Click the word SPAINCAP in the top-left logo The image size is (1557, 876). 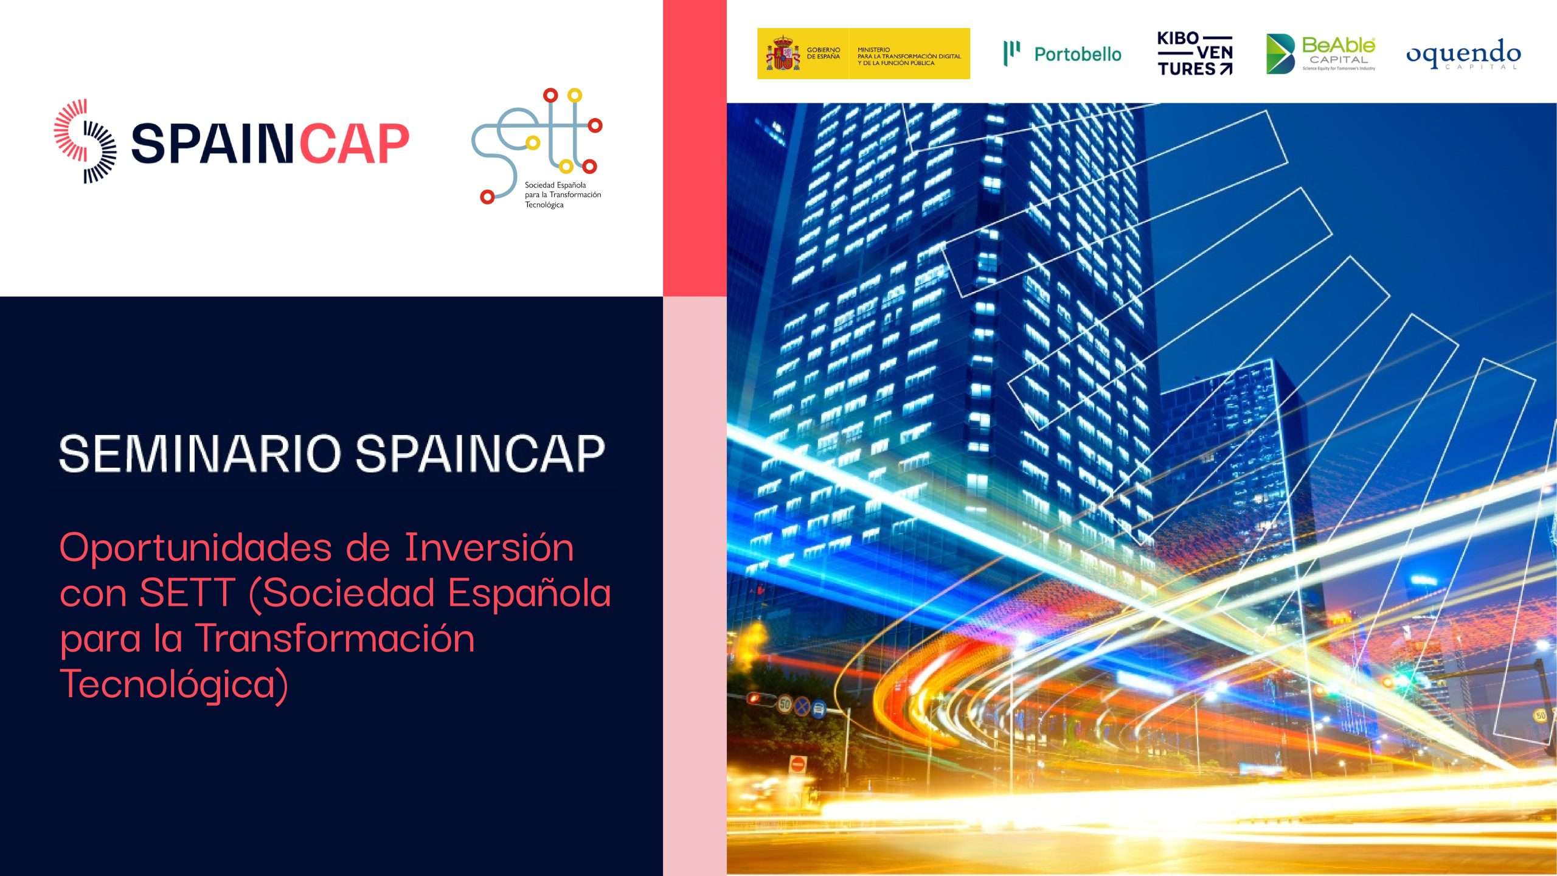click(270, 144)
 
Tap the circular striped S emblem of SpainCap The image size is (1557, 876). click(85, 141)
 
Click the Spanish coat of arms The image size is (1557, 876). click(783, 54)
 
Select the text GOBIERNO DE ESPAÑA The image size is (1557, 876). click(823, 54)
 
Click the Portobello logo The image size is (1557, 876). click(1062, 54)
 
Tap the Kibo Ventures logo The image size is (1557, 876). click(1195, 54)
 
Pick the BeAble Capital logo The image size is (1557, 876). click(1320, 54)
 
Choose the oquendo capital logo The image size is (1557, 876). click(1463, 55)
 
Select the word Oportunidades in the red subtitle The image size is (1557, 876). click(196, 547)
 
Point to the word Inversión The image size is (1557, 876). click(489, 547)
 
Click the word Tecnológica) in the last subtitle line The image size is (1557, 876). click(174, 684)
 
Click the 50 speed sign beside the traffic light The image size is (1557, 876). click(785, 704)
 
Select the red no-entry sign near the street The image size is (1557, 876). click(797, 764)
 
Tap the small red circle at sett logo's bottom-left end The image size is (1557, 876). click(487, 197)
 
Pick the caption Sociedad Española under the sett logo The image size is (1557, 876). click(555, 185)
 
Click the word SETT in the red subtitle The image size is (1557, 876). click(187, 592)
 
